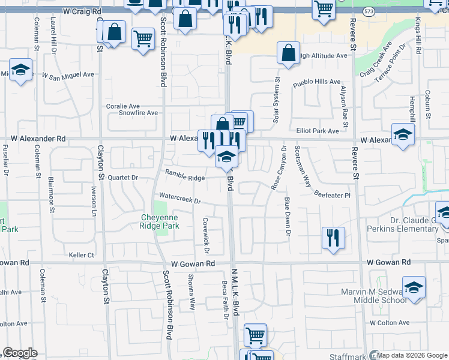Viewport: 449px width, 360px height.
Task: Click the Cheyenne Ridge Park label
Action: (160, 221)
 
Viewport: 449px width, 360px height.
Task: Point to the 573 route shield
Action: (368, 11)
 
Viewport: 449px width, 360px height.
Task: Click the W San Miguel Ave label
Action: (68, 75)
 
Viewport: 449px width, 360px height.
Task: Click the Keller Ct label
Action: (82, 255)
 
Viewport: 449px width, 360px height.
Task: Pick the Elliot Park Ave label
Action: (317, 130)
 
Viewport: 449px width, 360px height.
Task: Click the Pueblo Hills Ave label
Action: (316, 82)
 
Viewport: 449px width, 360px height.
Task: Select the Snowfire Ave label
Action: (138, 113)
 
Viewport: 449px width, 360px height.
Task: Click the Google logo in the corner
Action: (20, 353)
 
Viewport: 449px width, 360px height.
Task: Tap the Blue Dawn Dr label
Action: (288, 217)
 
